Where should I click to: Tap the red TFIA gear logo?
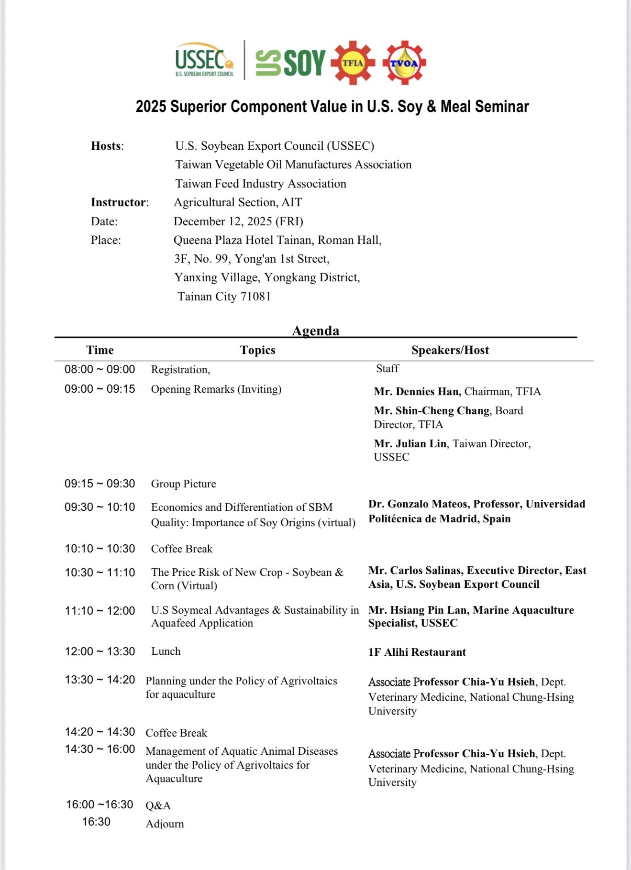(353, 63)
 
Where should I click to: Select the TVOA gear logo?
(404, 63)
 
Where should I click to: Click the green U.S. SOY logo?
(290, 63)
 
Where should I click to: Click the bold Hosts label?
(107, 146)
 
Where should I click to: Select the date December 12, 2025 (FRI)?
(238, 221)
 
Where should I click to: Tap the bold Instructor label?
(119, 202)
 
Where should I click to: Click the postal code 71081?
(255, 297)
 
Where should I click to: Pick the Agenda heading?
(316, 330)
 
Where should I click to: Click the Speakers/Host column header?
(450, 350)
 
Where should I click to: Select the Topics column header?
(257, 350)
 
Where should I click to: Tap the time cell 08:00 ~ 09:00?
(100, 369)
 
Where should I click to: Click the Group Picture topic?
(184, 484)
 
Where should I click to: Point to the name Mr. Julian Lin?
(410, 443)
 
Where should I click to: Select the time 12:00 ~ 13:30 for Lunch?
(100, 651)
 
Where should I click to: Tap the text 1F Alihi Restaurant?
(417, 652)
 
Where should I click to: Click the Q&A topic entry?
(158, 805)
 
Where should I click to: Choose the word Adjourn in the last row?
(165, 824)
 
